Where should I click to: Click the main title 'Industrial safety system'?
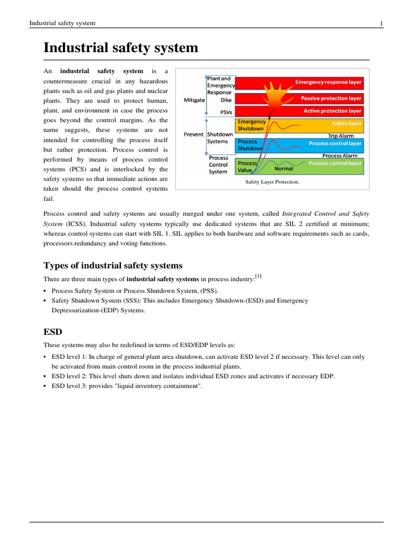(x=121, y=48)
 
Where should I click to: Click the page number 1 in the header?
(x=381, y=23)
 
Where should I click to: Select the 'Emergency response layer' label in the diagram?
(x=329, y=82)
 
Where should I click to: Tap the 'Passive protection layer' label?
(x=331, y=98)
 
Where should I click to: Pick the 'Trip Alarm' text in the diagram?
(x=341, y=136)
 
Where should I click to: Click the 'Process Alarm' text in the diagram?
(x=339, y=156)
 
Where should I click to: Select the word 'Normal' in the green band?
(x=284, y=168)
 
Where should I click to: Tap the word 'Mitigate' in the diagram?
(x=194, y=100)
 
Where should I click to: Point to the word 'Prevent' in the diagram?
(x=194, y=134)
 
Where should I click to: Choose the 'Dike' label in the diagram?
(x=226, y=100)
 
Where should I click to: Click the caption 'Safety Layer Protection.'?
(x=272, y=182)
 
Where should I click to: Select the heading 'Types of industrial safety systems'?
(x=113, y=266)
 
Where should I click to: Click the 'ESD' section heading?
(x=53, y=332)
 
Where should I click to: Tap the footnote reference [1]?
(x=259, y=277)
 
